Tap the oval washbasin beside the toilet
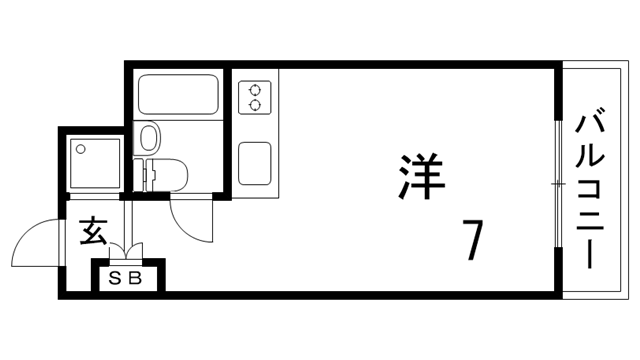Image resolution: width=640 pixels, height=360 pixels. click(149, 136)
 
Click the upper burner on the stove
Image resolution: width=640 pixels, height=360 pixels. click(254, 87)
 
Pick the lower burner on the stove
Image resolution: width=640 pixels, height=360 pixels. click(254, 103)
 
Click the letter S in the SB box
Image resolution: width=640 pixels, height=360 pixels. click(114, 278)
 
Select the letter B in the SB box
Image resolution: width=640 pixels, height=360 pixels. click(136, 278)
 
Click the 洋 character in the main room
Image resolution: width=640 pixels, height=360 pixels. click(417, 175)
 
